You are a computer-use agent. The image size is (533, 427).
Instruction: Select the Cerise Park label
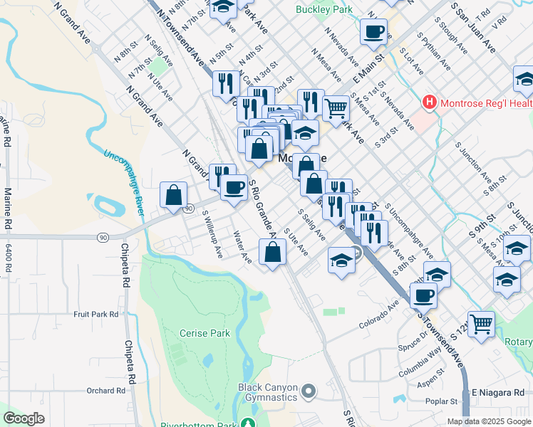tap(205, 333)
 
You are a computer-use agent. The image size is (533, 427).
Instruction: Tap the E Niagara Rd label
tap(498, 392)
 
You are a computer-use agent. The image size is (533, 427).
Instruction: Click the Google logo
tap(24, 418)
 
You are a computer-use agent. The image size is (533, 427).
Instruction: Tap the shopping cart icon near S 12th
tap(482, 323)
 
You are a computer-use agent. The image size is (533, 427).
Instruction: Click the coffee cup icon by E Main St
tap(373, 31)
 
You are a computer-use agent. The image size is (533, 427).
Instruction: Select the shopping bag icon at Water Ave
tap(273, 252)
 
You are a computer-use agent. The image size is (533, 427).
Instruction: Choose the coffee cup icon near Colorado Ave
tap(423, 295)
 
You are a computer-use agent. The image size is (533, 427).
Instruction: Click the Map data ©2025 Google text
tap(489, 421)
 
